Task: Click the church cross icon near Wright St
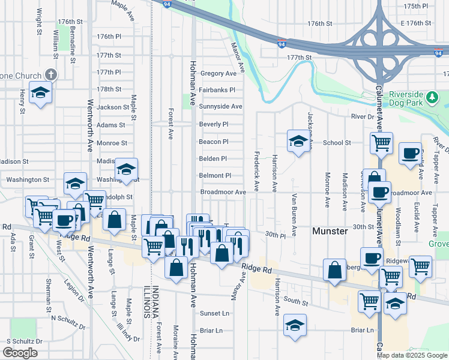[51, 76]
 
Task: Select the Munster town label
[330, 231]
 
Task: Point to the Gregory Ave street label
[218, 73]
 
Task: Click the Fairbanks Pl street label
[217, 89]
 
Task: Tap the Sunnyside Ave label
[220, 106]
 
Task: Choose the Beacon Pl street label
[214, 142]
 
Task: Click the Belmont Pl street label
[215, 176]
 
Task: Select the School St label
[337, 143]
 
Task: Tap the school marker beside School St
[298, 142]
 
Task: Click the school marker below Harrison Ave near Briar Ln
[295, 325]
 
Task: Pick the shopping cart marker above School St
[381, 143]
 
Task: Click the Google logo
[20, 353]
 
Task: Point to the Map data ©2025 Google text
[411, 355]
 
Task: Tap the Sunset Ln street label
[214, 313]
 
